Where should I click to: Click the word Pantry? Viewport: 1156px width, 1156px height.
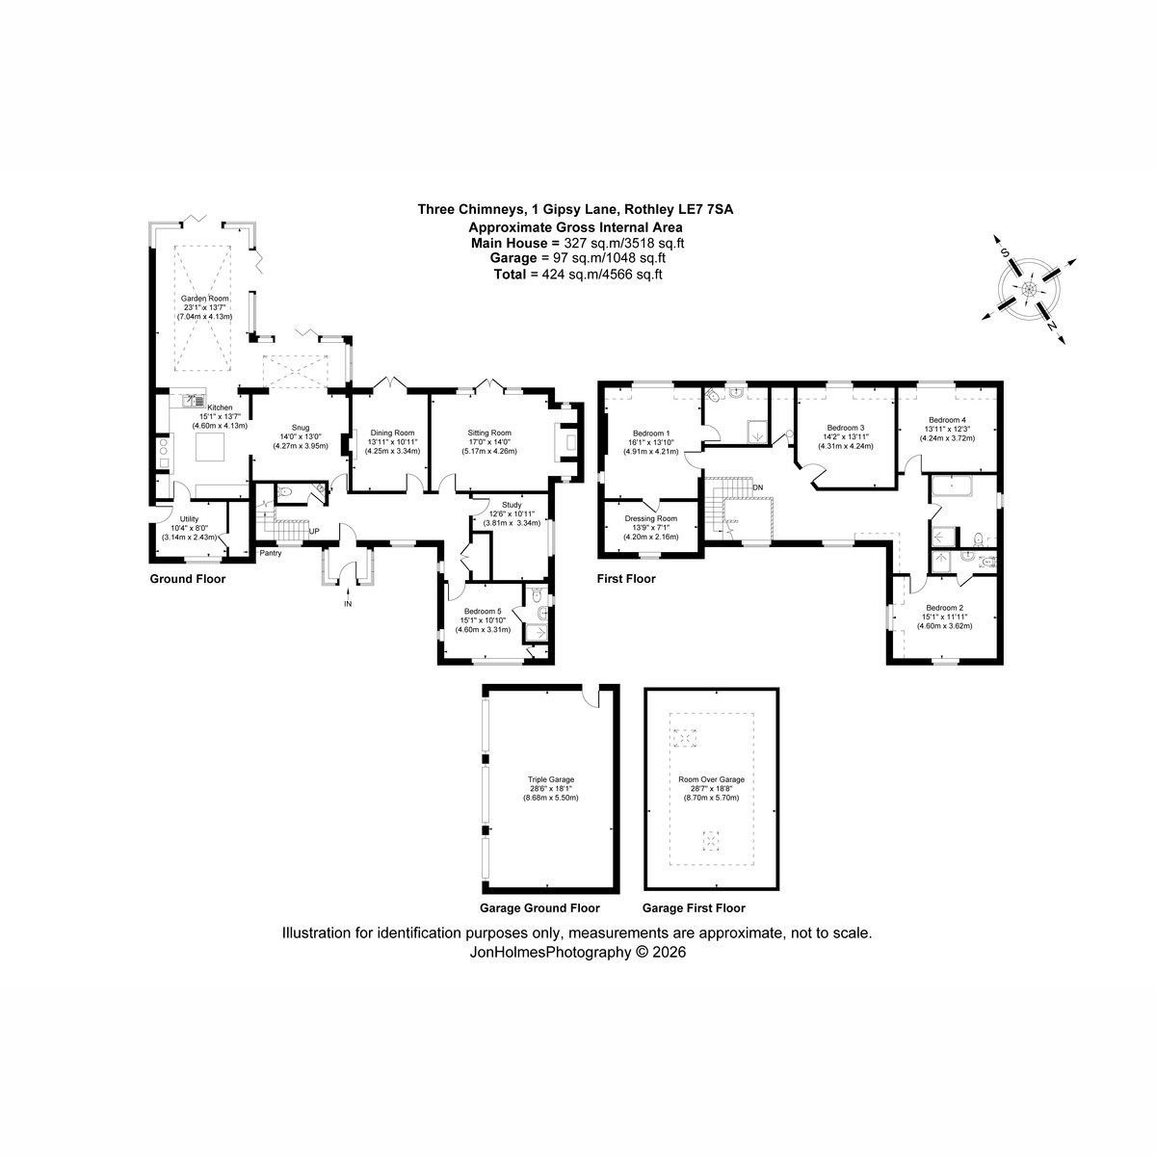pyautogui.click(x=271, y=553)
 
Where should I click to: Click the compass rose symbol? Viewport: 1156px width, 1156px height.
pyautogui.click(x=1029, y=290)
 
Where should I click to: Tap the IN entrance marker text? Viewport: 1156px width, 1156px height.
pyautogui.click(x=348, y=604)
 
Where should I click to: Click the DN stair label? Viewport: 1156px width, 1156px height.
pyautogui.click(x=758, y=487)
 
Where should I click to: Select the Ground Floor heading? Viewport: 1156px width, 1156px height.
pyautogui.click(x=188, y=579)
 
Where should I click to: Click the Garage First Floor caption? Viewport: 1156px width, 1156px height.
pyautogui.click(x=694, y=908)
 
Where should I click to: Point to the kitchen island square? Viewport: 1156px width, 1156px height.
pyautogui.click(x=211, y=446)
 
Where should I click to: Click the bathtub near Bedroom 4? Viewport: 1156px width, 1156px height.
pyautogui.click(x=954, y=486)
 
